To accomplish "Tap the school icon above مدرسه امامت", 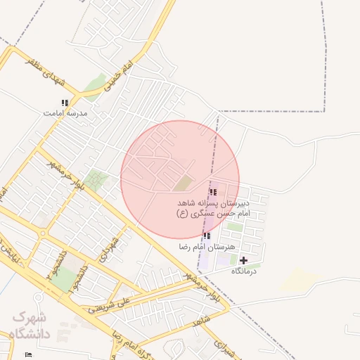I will pos(65,103).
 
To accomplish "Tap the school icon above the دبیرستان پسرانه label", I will pos(212,192).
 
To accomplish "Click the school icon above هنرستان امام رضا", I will pos(207,236).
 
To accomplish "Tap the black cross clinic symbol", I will pos(244,260).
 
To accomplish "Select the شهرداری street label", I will pos(106,250).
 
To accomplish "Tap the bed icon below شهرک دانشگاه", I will pos(28,354).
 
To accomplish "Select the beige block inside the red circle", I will pos(184,183).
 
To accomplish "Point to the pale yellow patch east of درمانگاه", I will pos(296,280).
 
